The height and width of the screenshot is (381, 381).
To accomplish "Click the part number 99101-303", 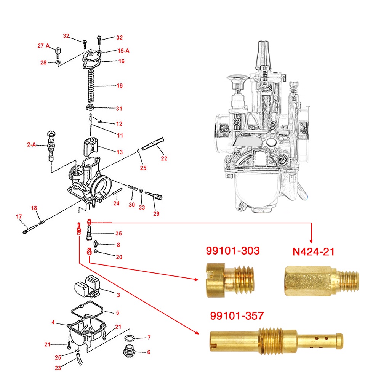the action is pyautogui.click(x=233, y=251).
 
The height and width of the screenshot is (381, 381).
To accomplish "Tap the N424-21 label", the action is pyautogui.click(x=314, y=251).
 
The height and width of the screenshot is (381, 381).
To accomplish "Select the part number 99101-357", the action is pyautogui.click(x=237, y=315).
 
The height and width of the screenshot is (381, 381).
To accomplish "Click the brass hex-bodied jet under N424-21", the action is pyautogui.click(x=322, y=281).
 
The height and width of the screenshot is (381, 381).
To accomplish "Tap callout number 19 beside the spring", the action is pyautogui.click(x=120, y=85).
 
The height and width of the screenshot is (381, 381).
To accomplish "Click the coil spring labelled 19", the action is pyautogui.click(x=91, y=86).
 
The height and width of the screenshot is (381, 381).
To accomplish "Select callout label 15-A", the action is pyautogui.click(x=123, y=51).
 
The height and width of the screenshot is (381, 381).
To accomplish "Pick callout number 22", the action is pyautogui.click(x=164, y=158).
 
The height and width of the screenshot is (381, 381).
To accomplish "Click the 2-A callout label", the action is pyautogui.click(x=31, y=144).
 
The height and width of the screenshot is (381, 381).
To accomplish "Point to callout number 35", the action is pyautogui.click(x=118, y=233).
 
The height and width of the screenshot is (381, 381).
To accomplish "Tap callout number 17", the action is pyautogui.click(x=19, y=216).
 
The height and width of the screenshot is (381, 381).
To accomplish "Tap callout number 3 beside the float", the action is pyautogui.click(x=118, y=295).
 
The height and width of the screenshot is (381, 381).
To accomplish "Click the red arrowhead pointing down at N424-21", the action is pyautogui.click(x=311, y=241).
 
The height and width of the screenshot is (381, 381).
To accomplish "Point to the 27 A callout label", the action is pyautogui.click(x=43, y=46).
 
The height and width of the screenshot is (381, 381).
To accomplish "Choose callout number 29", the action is pyautogui.click(x=156, y=214).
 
